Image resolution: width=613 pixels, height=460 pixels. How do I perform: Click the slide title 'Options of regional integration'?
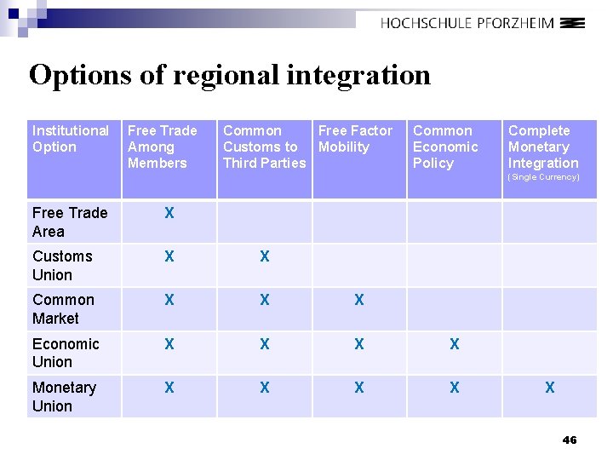(x=230, y=75)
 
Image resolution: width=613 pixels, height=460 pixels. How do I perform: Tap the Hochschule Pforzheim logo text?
(x=467, y=24)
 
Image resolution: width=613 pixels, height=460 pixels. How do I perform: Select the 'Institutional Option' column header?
(x=71, y=139)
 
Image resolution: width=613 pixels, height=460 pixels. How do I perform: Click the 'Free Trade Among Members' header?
(x=162, y=147)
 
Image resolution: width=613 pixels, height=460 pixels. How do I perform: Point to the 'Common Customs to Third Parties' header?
(x=263, y=147)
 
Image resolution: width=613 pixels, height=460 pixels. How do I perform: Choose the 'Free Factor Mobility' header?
(x=355, y=139)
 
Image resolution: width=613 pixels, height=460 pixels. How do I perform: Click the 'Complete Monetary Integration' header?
(x=543, y=147)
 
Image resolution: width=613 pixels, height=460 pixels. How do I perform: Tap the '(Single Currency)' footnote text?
(x=543, y=177)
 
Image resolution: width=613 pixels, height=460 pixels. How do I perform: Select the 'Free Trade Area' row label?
(x=70, y=221)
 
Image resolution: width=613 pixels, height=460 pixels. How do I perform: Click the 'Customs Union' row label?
(x=62, y=265)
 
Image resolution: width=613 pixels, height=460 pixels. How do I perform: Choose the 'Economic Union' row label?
(x=66, y=353)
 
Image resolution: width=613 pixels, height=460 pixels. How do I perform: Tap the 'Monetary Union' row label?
(x=64, y=396)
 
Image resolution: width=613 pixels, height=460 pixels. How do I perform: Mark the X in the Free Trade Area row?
(x=169, y=213)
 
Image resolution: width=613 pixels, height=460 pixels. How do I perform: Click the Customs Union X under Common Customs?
(x=265, y=256)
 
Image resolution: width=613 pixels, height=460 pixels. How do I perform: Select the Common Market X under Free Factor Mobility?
(x=359, y=300)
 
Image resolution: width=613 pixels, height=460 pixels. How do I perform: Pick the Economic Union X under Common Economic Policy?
(x=455, y=344)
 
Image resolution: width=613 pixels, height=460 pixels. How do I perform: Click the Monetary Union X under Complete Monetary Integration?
(x=549, y=388)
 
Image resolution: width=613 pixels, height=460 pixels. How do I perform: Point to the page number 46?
(x=570, y=440)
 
